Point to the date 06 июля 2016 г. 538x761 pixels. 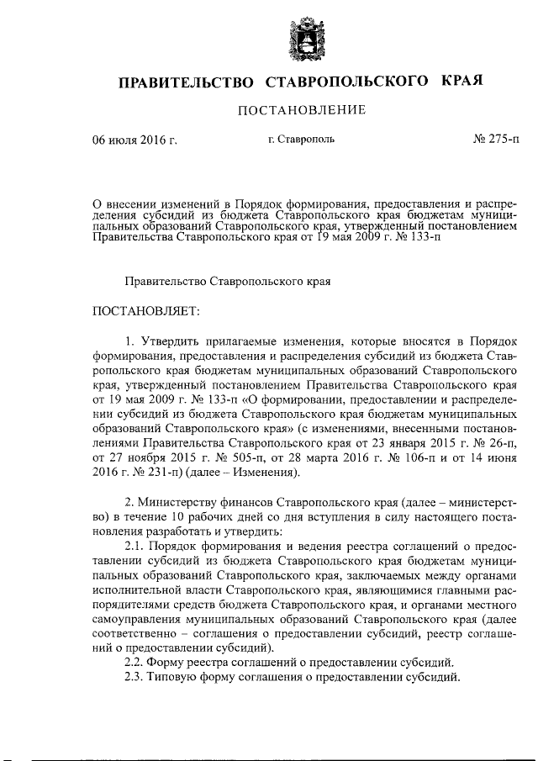click(134, 140)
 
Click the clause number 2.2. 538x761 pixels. click(134, 662)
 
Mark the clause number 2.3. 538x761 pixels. click(134, 678)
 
